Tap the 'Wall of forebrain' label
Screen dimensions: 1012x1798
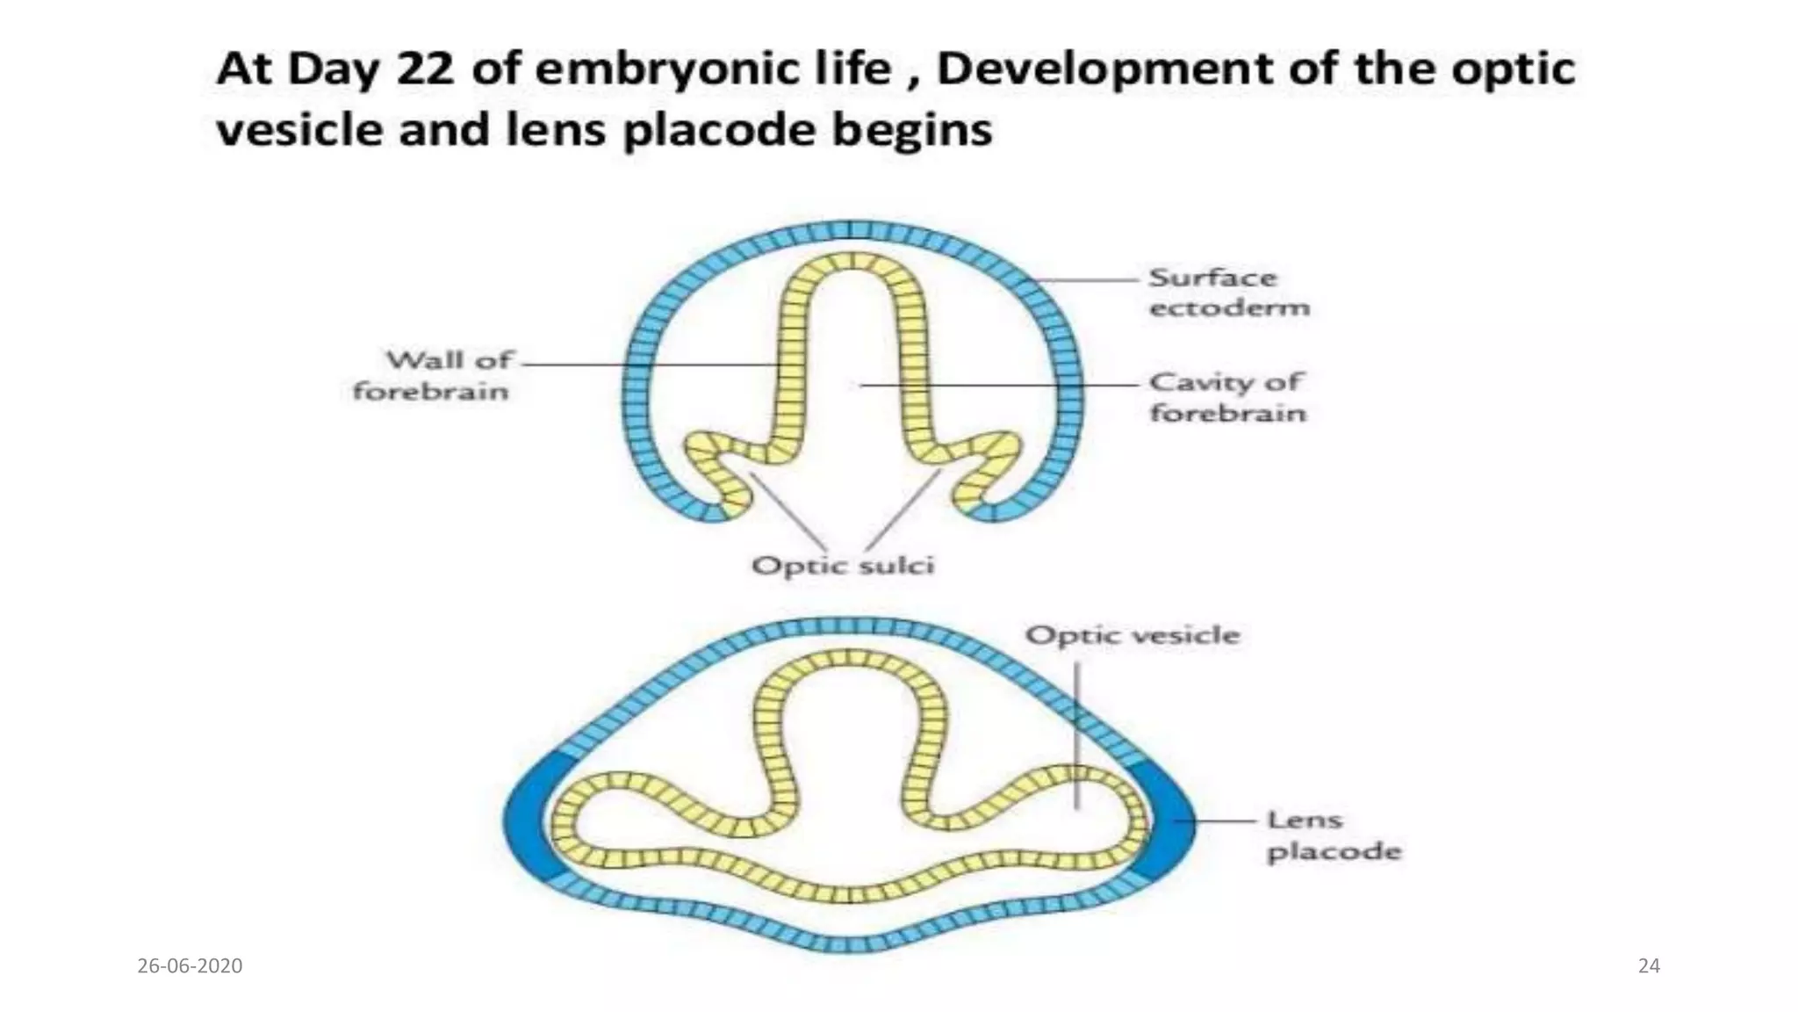[432, 375]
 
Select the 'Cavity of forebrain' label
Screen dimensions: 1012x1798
[1227, 397]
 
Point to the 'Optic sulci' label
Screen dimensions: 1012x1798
[843, 565]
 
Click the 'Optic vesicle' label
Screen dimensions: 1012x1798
[1133, 635]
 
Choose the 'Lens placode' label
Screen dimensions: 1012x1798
[1333, 835]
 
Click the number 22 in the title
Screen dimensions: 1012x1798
[425, 69]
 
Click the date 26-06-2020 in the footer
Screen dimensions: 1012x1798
[190, 965]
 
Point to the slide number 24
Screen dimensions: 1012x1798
[1649, 965]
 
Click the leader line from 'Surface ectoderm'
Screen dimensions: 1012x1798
[1089, 280]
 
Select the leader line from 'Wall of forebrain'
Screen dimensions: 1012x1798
[650, 364]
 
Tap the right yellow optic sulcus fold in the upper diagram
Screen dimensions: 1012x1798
[987, 466]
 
